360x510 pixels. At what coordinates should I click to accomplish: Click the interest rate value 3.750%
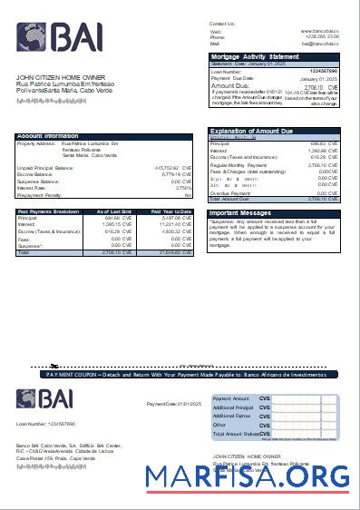pos(182,188)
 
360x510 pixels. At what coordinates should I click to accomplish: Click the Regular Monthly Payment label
pos(235,166)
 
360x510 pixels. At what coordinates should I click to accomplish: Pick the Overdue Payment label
pos(228,192)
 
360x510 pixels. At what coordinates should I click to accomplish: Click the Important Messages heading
pos(246,213)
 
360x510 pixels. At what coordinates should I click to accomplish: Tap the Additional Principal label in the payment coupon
pos(233,407)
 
